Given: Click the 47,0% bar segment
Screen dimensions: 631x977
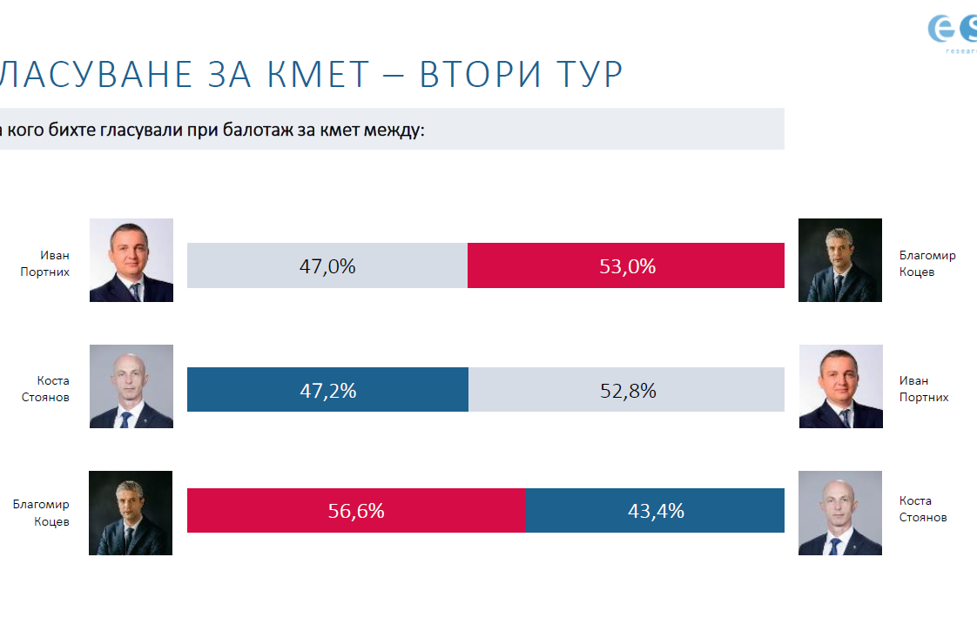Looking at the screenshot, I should (327, 265).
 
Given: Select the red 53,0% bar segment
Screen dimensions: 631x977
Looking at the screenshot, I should (626, 265).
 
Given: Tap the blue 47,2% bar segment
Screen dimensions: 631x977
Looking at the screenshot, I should (327, 390).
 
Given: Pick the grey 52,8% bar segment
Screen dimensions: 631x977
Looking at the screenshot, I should (626, 390).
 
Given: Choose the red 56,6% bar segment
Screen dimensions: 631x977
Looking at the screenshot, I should (356, 510).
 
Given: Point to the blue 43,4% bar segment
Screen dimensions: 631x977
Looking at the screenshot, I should (655, 510).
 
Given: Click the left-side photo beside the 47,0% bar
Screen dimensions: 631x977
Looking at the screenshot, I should (131, 260).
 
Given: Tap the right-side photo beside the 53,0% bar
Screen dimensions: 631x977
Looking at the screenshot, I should (840, 260).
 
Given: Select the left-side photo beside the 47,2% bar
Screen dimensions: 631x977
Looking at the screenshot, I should (131, 386).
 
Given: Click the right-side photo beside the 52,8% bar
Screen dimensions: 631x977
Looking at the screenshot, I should (840, 386).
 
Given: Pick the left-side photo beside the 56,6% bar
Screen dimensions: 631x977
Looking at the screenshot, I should (131, 513).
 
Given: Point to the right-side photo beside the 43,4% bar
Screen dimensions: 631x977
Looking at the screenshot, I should (840, 513).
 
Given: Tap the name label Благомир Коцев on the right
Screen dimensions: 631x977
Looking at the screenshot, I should (927, 264).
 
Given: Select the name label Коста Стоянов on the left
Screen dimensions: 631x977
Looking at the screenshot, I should (53, 389).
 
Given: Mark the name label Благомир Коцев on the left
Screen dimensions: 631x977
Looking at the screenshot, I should (41, 513).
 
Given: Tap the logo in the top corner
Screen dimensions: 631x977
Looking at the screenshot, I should (953, 31).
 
